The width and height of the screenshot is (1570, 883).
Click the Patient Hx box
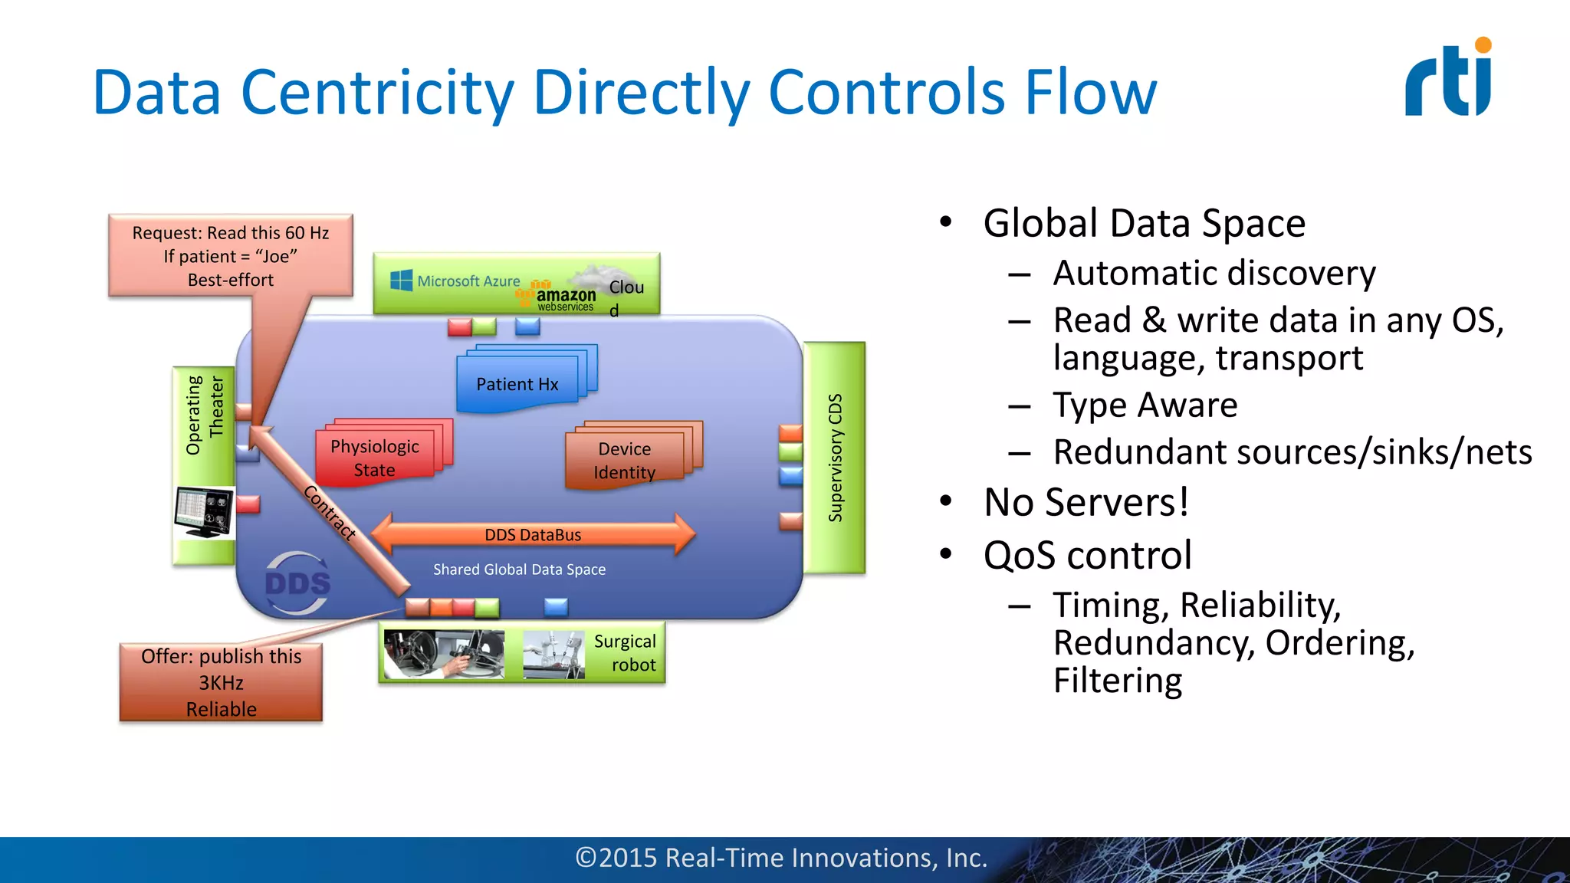(517, 383)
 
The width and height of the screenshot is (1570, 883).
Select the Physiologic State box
(375, 458)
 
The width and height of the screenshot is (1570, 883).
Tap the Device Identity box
(625, 460)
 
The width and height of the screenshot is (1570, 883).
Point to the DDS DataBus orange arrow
(533, 534)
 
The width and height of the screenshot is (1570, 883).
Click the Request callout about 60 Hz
(231, 256)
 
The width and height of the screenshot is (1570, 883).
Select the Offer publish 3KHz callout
(221, 682)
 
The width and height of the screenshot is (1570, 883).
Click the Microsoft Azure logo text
(456, 281)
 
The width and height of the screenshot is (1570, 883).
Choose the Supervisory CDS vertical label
(835, 458)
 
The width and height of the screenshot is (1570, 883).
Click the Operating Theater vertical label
(205, 415)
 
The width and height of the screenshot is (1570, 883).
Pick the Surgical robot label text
(626, 652)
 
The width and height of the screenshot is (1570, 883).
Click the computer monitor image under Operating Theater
(204, 512)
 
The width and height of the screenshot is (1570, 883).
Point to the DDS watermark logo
(297, 583)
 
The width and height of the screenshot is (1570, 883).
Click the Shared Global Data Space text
(519, 570)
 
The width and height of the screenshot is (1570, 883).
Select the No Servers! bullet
(1086, 503)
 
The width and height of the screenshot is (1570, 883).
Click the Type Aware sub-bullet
(1145, 405)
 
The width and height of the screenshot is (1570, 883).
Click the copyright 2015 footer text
(781, 858)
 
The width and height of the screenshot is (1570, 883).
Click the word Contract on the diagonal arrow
(330, 513)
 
